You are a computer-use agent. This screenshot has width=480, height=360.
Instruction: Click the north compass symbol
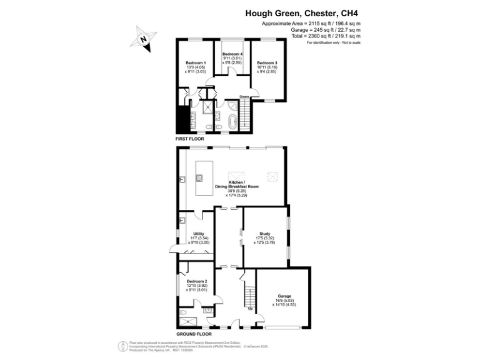[x=143, y=39]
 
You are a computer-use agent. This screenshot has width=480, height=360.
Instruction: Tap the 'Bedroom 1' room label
[x=196, y=63]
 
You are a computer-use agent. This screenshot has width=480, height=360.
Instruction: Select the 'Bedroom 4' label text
[x=232, y=55]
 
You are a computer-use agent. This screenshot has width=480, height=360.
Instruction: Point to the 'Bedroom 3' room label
[x=267, y=63]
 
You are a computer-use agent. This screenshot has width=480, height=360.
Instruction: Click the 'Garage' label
[x=284, y=296]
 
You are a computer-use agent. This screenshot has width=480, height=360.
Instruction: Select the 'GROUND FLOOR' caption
[x=192, y=334]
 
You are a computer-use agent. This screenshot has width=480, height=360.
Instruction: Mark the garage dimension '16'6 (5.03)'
[x=284, y=301]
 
